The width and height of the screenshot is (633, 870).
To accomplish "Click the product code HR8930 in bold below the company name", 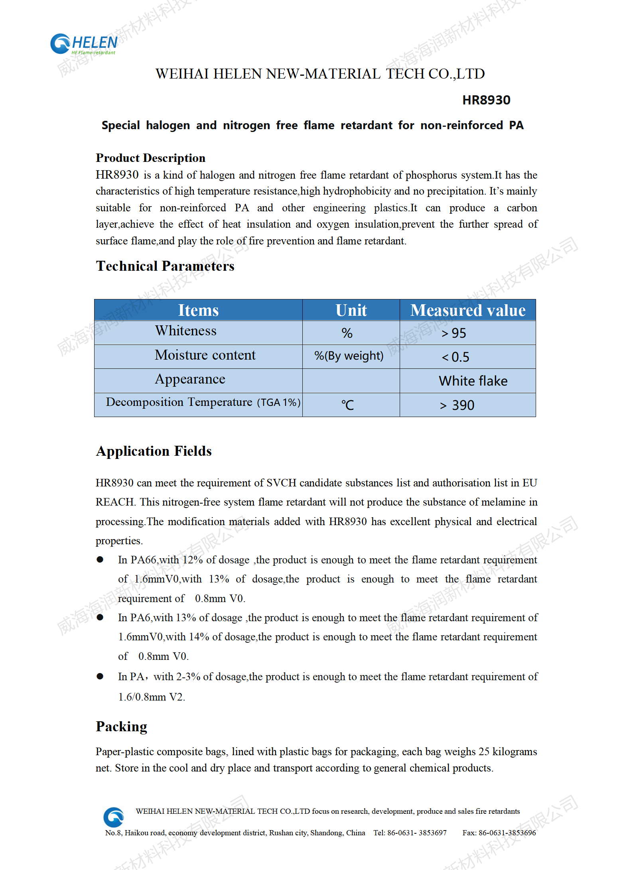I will (x=486, y=100).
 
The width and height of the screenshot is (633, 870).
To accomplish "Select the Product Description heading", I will (x=150, y=158).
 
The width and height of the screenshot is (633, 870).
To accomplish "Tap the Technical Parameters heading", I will (x=165, y=266).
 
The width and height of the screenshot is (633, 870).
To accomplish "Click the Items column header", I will (x=198, y=310).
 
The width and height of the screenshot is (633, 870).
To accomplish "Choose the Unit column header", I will (x=351, y=310).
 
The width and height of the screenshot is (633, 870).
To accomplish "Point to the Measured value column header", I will (x=468, y=310).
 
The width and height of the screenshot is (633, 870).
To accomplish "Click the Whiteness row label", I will (x=186, y=331).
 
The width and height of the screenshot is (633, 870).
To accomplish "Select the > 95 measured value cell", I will (x=454, y=333).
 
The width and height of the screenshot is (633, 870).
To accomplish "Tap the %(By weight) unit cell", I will (x=349, y=356).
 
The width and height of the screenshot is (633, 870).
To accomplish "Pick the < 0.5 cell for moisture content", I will (x=456, y=357).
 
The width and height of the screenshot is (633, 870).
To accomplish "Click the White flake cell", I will (x=473, y=381).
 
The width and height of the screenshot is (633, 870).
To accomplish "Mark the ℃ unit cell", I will (x=347, y=405).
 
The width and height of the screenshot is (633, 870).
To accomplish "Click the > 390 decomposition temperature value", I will (x=457, y=405).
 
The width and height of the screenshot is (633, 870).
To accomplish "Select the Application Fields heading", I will (x=154, y=451).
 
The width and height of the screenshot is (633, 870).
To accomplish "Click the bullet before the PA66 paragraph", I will (x=100, y=560).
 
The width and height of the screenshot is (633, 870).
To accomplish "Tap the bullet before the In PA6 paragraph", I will (x=100, y=618).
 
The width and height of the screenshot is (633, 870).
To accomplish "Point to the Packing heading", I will (x=122, y=726).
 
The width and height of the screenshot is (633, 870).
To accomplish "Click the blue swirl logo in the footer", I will (x=114, y=817).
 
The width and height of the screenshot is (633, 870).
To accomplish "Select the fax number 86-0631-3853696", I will (x=507, y=833).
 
